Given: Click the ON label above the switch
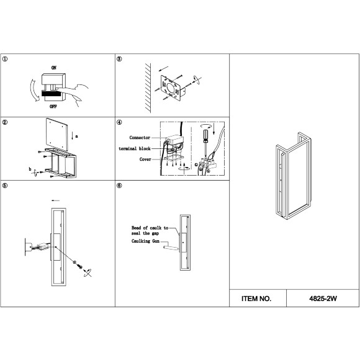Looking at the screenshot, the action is tap(54, 68).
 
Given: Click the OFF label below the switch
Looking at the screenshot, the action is tap(53, 107).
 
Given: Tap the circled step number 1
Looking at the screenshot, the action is tap(5, 59).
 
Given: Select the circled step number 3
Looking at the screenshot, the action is tap(119, 59).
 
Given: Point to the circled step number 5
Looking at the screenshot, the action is tap(5, 186).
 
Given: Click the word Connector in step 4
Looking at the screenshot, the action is tap(140, 138).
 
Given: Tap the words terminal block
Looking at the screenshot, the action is tap(135, 148).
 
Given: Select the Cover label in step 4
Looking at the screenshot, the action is tap(145, 159).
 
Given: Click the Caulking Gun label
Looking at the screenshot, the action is tap(145, 241).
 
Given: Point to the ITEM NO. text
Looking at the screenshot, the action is tap(256, 299).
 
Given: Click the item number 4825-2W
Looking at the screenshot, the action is tap(323, 299).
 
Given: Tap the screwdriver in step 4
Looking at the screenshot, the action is tap(205, 143).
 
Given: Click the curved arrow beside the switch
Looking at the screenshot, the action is tap(34, 90).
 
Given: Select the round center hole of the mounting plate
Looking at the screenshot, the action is tap(171, 88).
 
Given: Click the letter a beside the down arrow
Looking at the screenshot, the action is tap(76, 137).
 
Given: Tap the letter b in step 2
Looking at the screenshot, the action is tap(30, 169).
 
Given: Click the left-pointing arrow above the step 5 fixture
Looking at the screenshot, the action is tap(55, 200).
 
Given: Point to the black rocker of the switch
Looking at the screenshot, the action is tap(51, 93).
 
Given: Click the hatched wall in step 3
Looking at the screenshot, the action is tap(148, 88).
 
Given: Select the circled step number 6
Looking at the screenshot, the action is tap(119, 186).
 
